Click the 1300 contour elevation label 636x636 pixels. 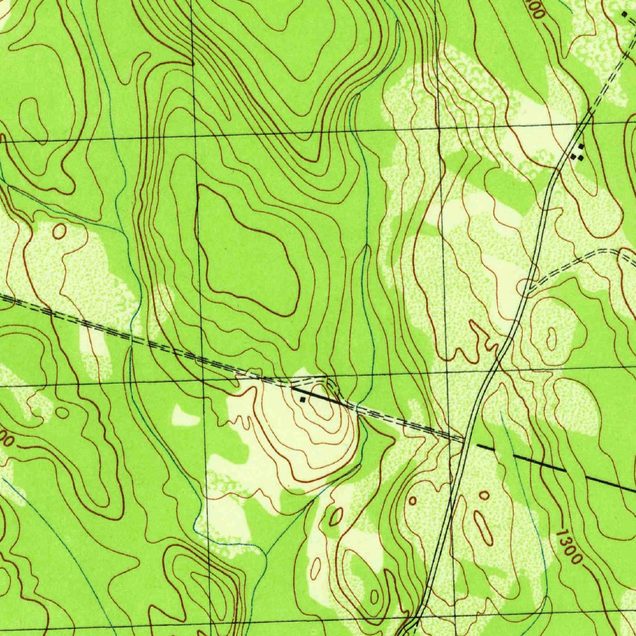click(x=570, y=547)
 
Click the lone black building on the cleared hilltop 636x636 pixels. click(x=302, y=399)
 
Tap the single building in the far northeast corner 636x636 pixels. click(x=624, y=13)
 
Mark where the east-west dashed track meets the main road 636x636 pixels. click(x=465, y=439)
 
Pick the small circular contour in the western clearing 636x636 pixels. click(x=59, y=231)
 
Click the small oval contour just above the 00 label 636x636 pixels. click(x=62, y=412)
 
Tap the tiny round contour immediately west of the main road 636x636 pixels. click(x=412, y=500)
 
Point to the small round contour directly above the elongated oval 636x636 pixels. click(x=484, y=495)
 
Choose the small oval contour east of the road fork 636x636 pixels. click(x=551, y=338)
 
